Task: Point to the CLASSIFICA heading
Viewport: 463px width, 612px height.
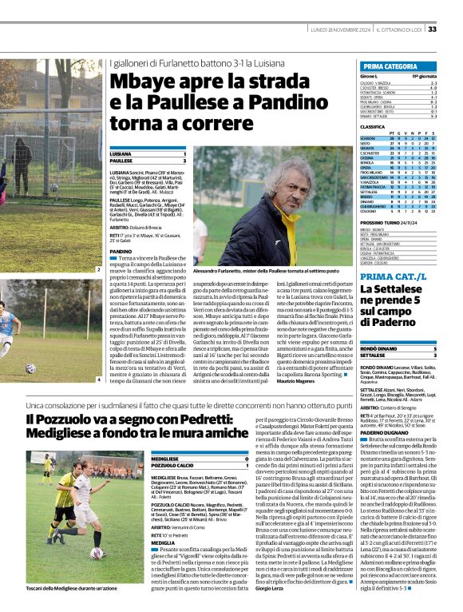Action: (x=373, y=126)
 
